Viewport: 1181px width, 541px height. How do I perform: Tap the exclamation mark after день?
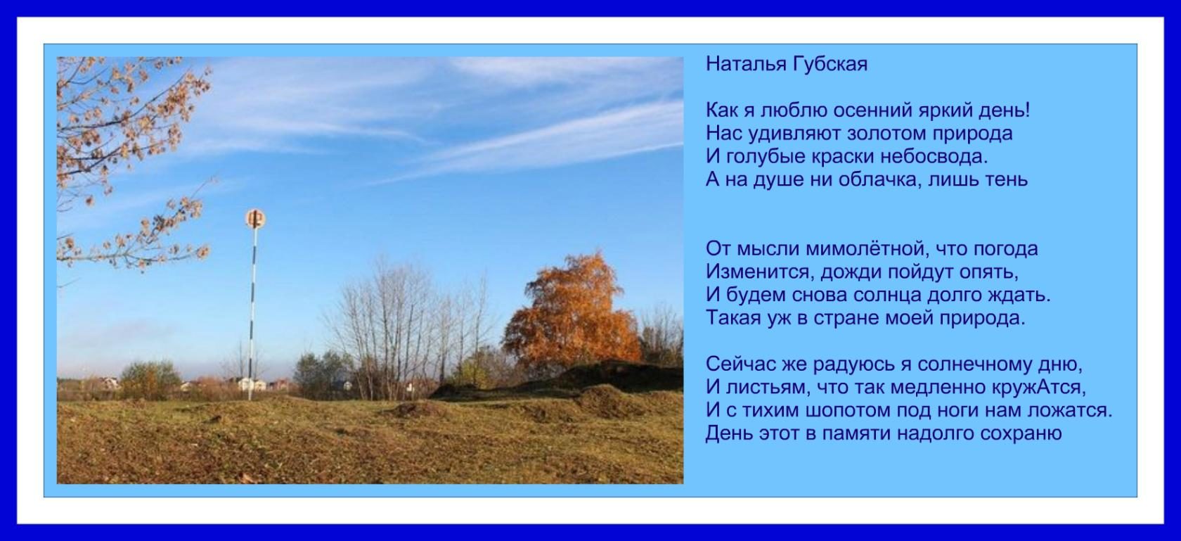coord(1026,110)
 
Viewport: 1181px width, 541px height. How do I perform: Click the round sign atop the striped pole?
coord(255,219)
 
